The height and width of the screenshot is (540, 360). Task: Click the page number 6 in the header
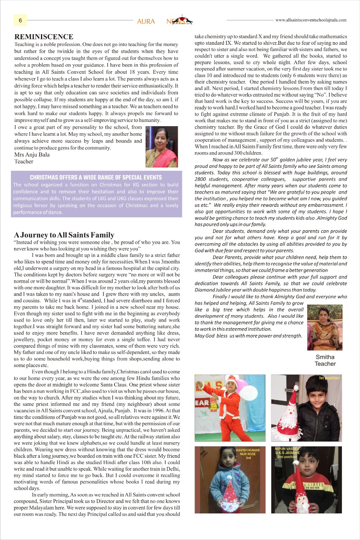(20, 20)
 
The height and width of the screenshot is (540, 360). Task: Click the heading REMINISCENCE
(44, 37)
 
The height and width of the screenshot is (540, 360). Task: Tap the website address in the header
(311, 20)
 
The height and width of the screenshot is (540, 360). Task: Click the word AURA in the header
(146, 22)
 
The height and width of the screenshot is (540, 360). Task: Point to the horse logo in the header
(184, 19)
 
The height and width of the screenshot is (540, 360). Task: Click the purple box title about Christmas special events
(96, 178)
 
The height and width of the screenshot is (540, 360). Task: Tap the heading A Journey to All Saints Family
(64, 235)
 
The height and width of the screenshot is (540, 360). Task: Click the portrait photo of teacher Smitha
(325, 327)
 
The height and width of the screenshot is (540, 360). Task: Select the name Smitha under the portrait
(325, 357)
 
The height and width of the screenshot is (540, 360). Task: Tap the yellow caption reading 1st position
(329, 378)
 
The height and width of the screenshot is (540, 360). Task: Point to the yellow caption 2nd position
(287, 457)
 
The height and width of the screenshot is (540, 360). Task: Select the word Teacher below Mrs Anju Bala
(24, 162)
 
